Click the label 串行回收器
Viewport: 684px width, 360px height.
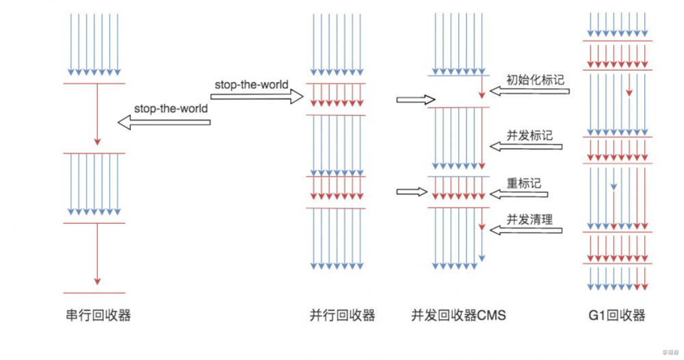[94, 316]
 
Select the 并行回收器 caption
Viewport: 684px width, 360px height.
[343, 316]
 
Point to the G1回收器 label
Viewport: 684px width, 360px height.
[617, 316]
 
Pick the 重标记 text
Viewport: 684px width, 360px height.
[523, 183]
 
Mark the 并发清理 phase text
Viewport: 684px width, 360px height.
[529, 219]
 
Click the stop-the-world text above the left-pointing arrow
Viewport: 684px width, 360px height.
[170, 108]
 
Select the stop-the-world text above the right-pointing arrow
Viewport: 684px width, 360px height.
[250, 85]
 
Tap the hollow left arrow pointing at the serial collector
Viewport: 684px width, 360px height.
[163, 122]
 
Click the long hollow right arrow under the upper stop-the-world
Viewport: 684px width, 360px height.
[257, 97]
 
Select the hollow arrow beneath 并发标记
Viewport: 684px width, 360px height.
[526, 146]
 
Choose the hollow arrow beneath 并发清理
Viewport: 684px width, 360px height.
[526, 231]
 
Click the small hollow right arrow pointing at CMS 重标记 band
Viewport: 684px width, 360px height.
[411, 192]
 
